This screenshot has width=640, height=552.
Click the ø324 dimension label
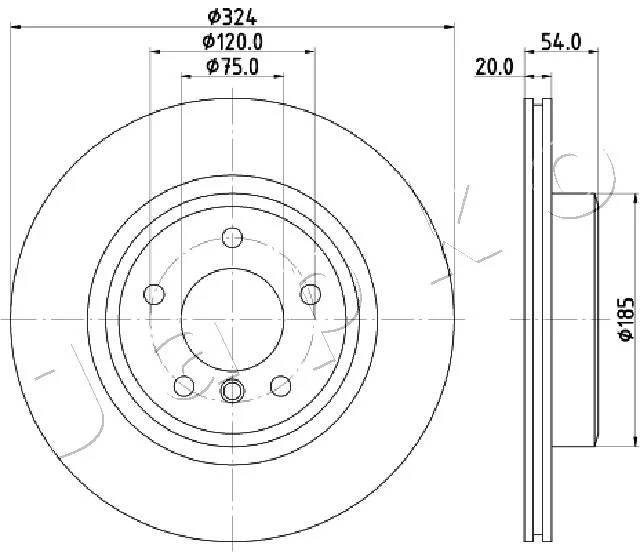click(232, 17)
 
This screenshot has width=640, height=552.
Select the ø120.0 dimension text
click(232, 42)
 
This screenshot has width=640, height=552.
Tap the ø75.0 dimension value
click(232, 67)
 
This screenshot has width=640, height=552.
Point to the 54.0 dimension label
click(561, 42)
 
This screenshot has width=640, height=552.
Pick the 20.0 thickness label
click(494, 67)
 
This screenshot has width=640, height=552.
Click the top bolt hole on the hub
click(232, 237)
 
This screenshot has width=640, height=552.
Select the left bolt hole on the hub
click(154, 294)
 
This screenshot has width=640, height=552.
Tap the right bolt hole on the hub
click(311, 294)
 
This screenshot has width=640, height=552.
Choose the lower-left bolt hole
click(184, 385)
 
